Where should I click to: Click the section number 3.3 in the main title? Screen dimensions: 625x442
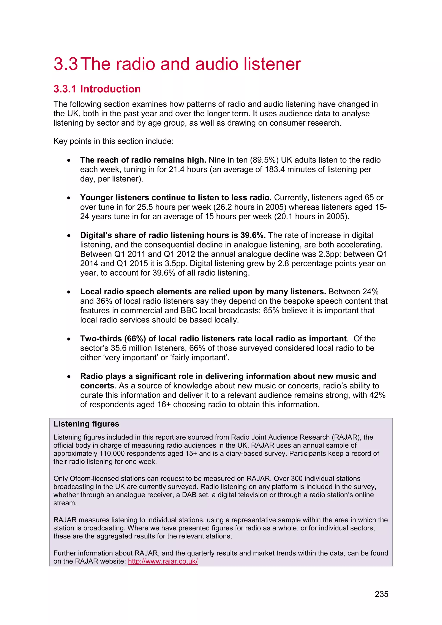[x=66, y=64]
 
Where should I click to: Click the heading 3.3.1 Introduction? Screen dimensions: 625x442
[x=97, y=89]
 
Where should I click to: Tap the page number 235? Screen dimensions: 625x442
[x=381, y=594]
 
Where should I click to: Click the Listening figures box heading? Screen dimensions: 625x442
[x=86, y=424]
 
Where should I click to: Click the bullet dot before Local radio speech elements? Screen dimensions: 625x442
[x=69, y=292]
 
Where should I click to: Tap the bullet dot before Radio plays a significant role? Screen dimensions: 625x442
[x=69, y=377]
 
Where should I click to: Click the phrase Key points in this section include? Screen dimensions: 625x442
[x=113, y=141]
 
